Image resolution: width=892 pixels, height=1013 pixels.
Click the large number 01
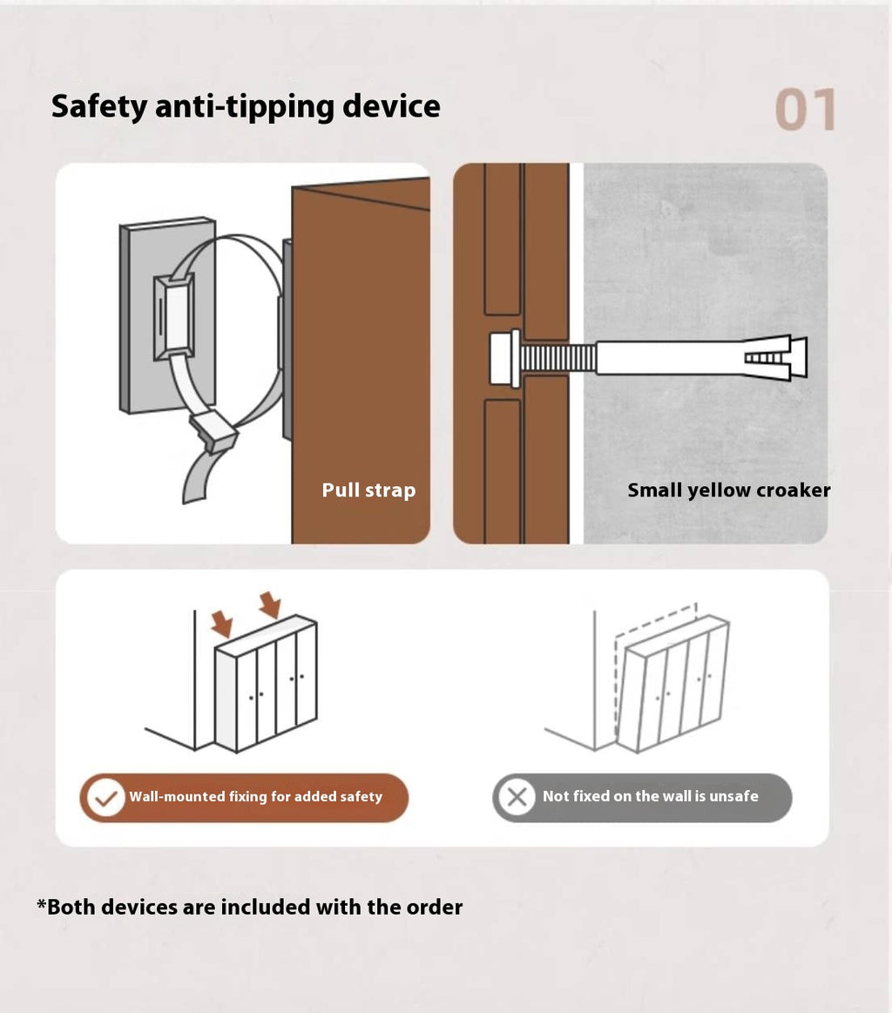tap(806, 110)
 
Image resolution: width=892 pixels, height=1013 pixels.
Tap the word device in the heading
tap(391, 106)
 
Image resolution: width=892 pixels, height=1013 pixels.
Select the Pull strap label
tap(368, 490)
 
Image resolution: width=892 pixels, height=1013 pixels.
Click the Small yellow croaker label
tap(728, 490)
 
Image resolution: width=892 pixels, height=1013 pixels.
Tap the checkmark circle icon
tap(106, 797)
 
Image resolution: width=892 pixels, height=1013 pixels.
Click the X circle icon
tap(517, 797)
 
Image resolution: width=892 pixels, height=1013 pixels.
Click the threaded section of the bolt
tap(558, 358)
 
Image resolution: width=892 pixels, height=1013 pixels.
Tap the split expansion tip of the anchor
tap(775, 358)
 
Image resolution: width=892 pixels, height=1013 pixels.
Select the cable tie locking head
tap(213, 430)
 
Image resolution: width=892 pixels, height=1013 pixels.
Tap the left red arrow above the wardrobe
tap(222, 624)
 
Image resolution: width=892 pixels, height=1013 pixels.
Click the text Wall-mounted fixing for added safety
tap(256, 797)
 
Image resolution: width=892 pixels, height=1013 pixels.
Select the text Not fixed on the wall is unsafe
tap(651, 797)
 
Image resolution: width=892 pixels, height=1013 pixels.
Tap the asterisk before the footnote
tap(41, 903)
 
